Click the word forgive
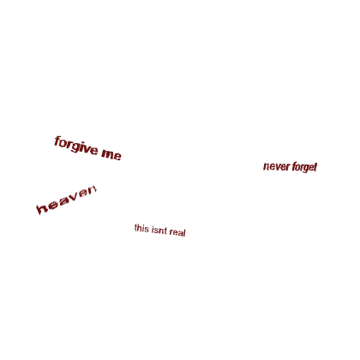pos(76,146)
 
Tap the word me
pos(111,154)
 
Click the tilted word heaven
pos(67,199)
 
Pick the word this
pos(141,228)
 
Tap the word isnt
pos(159,230)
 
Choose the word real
pos(177,231)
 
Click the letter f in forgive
pos(57,141)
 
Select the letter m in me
pos(107,153)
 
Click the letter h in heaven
pos(42,208)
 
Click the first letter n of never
pos(266,166)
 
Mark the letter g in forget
pos(305,169)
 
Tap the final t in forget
pos(315,167)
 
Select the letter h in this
pos(139,228)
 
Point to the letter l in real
pos(185,232)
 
